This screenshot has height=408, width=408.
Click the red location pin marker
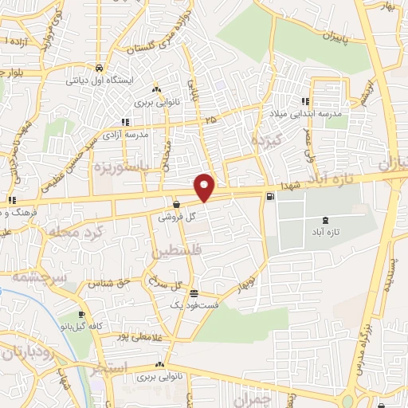click(x=205, y=186)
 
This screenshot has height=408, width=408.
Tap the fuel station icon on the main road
click(x=272, y=196)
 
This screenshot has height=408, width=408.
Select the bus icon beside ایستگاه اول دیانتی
click(x=98, y=69)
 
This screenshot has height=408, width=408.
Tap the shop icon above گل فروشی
click(x=175, y=205)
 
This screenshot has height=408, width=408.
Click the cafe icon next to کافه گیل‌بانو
click(x=82, y=314)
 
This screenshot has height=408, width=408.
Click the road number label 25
click(x=210, y=120)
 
